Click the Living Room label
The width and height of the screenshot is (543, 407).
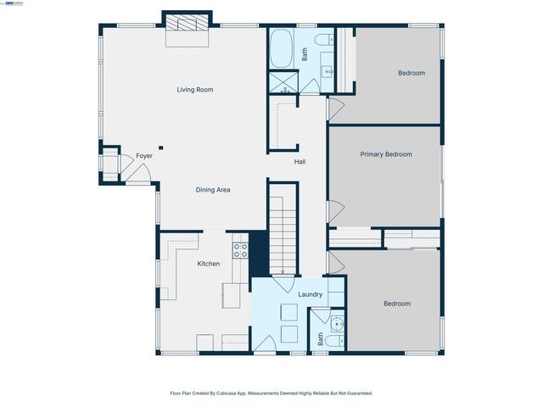point(194,89)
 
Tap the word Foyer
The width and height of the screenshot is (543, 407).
point(144,156)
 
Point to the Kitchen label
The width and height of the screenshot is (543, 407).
point(209,264)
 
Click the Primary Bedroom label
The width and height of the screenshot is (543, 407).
point(386,154)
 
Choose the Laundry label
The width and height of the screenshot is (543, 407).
point(310,294)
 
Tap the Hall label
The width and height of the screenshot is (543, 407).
point(299,161)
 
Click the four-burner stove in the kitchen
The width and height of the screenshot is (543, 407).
point(241,250)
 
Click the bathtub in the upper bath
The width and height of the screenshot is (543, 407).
point(282,49)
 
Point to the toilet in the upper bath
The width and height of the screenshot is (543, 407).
point(323,39)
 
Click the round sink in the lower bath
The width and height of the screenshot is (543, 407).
point(338,322)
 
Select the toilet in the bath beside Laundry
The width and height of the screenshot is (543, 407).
point(333,341)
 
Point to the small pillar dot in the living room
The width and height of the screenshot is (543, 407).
point(160,148)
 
